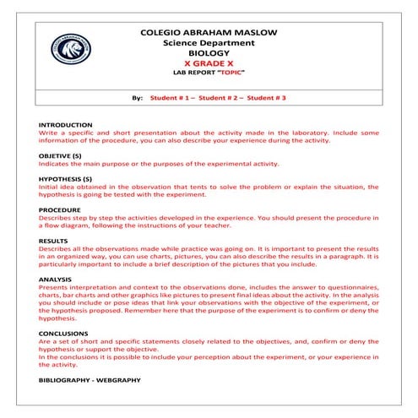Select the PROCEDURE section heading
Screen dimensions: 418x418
(x=60, y=209)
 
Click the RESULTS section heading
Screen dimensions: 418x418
(x=53, y=241)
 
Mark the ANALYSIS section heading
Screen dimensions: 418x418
(x=55, y=278)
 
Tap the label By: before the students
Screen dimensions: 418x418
(x=138, y=99)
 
